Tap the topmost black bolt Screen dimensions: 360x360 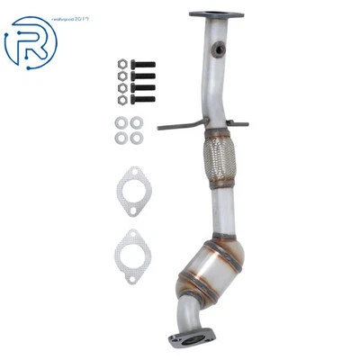141,65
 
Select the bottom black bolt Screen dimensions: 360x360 141,99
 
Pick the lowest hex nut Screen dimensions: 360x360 120,100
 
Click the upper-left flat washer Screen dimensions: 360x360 121,122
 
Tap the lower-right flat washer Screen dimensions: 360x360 136,137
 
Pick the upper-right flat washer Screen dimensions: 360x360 136,122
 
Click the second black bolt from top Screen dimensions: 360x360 141,76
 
